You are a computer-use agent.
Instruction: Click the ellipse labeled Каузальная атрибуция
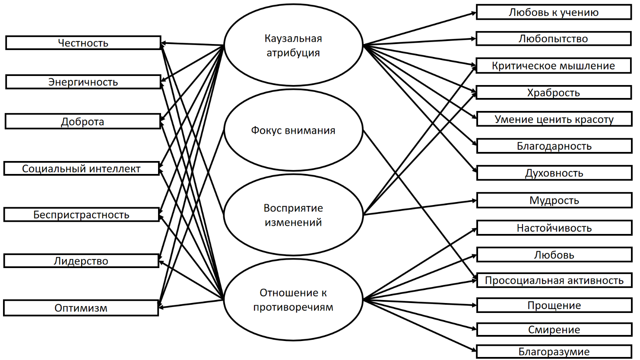click(293, 45)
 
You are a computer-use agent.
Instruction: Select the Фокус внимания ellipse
click(293, 130)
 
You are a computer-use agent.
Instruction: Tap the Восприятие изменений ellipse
click(293, 215)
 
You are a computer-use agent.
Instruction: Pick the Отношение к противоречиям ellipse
click(293, 300)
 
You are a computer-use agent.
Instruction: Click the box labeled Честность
click(83, 43)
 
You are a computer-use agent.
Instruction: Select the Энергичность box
click(83, 82)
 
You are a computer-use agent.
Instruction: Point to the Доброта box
click(82, 122)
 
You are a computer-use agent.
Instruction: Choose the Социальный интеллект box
click(81, 168)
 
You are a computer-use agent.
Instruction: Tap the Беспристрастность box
click(81, 215)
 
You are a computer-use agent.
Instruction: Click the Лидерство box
click(81, 261)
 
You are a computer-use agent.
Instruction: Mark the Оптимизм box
click(81, 308)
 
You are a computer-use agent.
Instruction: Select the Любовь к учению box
click(554, 12)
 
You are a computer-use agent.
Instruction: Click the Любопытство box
click(554, 38)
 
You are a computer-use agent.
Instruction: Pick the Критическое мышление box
click(554, 66)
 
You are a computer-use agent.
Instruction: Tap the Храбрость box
click(554, 92)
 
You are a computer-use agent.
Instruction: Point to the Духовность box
click(554, 173)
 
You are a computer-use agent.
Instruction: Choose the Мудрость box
click(554, 200)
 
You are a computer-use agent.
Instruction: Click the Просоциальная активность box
click(554, 281)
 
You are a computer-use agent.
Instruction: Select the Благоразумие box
click(554, 352)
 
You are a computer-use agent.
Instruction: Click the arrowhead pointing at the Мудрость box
click(474, 201)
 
